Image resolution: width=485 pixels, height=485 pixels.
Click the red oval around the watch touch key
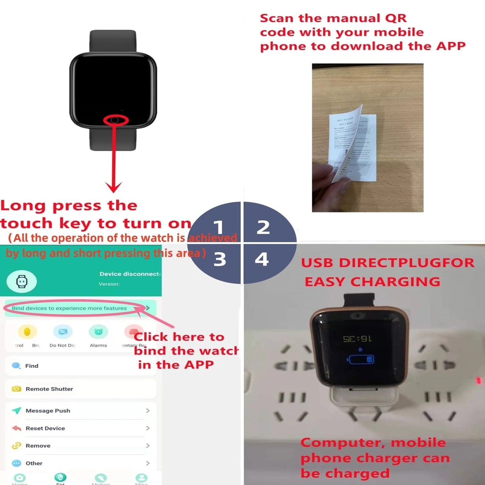tap(115, 120)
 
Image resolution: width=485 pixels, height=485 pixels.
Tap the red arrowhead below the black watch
tap(113, 187)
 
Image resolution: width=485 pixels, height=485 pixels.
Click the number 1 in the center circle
tap(219, 227)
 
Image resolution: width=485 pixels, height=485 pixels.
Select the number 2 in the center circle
tap(263, 227)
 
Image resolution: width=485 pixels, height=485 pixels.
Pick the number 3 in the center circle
tap(220, 259)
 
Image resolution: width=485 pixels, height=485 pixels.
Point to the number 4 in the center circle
tap(262, 259)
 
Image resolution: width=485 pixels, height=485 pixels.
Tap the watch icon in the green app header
tap(22, 281)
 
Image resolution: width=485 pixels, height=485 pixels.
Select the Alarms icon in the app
tap(98, 332)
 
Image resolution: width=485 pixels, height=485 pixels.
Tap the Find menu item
tap(32, 366)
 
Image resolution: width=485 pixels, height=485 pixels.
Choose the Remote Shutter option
tap(49, 389)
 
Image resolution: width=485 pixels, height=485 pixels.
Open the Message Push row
tap(48, 411)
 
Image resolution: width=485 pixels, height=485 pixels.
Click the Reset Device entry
tap(45, 428)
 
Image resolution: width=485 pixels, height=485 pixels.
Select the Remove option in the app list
tap(38, 446)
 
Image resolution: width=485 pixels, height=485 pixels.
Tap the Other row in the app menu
tap(34, 463)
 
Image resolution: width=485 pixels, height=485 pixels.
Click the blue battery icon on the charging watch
tap(360, 359)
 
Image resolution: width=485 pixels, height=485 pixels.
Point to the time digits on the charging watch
tap(357, 339)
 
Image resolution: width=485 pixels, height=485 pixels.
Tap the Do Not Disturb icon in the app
tap(63, 332)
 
